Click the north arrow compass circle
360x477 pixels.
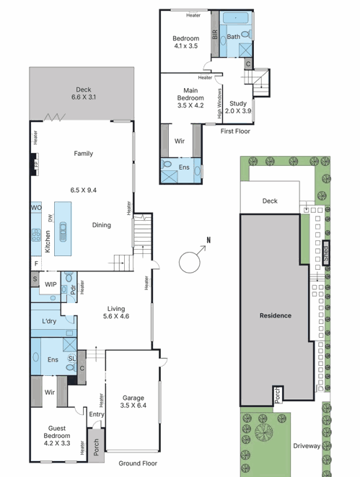point(180,262)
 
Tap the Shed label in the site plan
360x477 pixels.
point(325,253)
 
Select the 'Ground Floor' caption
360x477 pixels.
point(138,463)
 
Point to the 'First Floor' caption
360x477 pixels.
point(235,131)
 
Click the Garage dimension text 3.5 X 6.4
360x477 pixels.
point(133,406)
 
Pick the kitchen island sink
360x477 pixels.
point(63,232)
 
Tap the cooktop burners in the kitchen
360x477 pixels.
point(36,235)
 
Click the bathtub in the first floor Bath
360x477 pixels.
point(236,17)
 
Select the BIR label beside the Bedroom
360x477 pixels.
point(215,34)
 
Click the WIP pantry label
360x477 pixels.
point(51,284)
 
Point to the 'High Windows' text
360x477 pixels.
point(219,103)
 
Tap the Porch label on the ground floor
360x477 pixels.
point(96,447)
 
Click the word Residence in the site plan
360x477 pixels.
point(276,315)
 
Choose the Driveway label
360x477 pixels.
point(307,446)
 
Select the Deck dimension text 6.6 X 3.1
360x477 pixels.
point(84,97)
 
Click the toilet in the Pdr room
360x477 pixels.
point(69,276)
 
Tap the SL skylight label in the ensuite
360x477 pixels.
point(71,359)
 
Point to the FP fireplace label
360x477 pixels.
point(36,165)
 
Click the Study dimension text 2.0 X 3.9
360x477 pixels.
point(238,111)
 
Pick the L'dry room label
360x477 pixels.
point(49,321)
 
